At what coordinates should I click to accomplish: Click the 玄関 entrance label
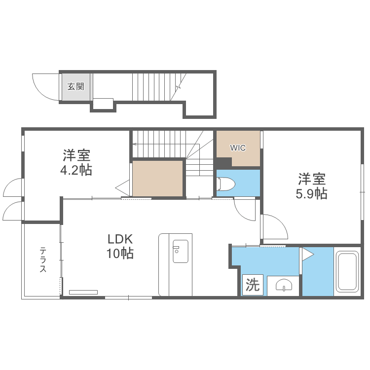click(76, 87)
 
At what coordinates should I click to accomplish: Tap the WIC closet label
click(238, 148)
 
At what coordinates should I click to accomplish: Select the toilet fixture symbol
click(226, 184)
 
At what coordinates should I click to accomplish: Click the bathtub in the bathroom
click(347, 271)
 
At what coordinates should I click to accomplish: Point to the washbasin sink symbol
click(284, 285)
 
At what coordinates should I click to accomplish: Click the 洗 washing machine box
click(253, 285)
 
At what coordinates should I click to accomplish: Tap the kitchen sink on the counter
click(181, 251)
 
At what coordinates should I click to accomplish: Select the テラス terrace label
click(43, 259)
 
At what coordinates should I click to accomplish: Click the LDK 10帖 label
click(120, 246)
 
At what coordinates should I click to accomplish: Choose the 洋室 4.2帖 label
click(76, 162)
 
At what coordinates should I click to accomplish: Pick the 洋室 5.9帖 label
click(311, 186)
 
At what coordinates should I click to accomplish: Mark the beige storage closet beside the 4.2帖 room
click(158, 179)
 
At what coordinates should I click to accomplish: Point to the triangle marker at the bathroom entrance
click(308, 255)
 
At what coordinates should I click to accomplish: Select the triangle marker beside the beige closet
click(122, 188)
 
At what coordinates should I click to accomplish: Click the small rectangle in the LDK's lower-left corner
click(83, 292)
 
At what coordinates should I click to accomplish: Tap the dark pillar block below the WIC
click(223, 163)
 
